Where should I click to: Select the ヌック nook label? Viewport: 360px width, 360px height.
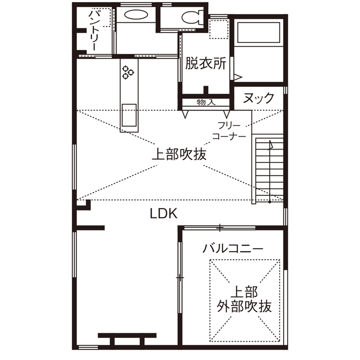point(258,98)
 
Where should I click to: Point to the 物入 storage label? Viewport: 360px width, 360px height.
point(206,102)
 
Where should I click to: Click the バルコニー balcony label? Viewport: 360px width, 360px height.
point(233,248)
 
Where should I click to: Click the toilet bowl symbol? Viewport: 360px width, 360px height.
point(190,18)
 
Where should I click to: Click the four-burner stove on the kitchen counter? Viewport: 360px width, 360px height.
point(128,72)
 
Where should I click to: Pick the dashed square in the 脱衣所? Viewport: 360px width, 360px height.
point(218,30)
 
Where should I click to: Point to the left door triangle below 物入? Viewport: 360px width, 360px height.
point(185,114)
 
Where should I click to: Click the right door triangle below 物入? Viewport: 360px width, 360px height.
point(226,114)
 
